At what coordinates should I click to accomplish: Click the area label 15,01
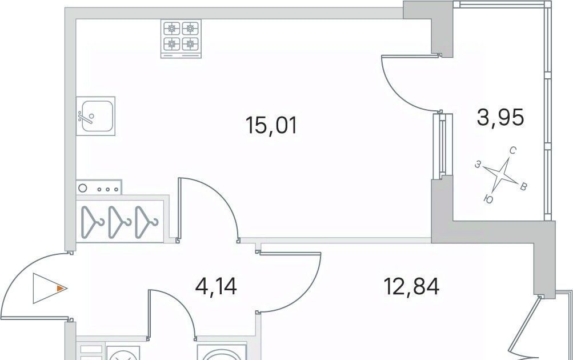271,125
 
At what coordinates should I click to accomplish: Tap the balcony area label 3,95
500,118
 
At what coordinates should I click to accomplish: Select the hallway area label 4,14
217,286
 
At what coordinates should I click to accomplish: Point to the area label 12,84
411,286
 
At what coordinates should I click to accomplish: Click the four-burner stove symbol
181,39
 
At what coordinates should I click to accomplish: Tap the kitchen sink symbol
96,116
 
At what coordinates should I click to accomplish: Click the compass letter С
512,151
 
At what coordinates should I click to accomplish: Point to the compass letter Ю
488,199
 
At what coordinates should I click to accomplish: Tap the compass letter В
523,187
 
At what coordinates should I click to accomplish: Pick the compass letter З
478,165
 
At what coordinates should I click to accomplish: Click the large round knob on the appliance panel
83,188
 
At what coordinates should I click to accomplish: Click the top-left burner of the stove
171,28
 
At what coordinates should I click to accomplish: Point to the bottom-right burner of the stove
190,44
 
